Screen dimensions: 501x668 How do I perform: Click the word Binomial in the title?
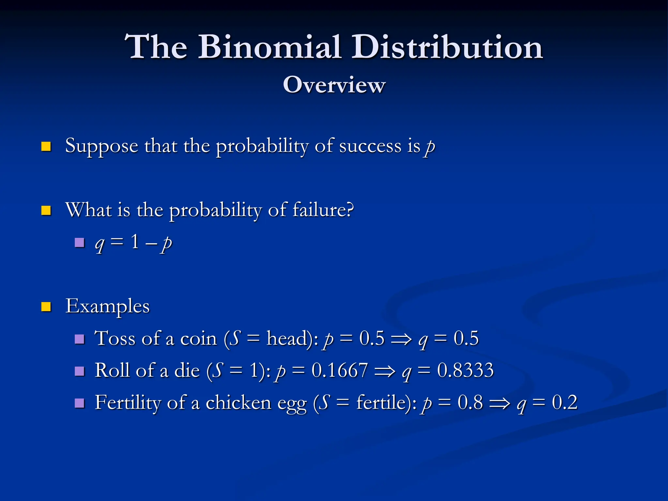tap(270, 47)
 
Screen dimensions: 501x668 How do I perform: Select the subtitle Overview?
tap(334, 85)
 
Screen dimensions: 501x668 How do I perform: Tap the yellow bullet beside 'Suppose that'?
tap(46, 146)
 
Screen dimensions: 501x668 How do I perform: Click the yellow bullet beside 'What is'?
tap(46, 210)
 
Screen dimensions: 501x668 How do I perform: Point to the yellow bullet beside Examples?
tap(46, 307)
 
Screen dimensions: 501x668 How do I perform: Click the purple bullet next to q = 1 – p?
tap(79, 242)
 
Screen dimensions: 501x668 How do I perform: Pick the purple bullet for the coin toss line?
tap(79, 339)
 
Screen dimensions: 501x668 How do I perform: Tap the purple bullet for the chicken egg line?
tap(79, 403)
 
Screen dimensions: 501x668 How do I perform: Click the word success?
tap(370, 146)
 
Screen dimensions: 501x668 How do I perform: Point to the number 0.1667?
tap(340, 371)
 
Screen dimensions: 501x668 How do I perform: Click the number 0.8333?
tap(465, 371)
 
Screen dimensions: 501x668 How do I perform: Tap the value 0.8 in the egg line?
tap(470, 402)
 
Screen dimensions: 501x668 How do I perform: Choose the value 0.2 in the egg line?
tap(565, 402)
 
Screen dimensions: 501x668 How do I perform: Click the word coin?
tap(198, 339)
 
